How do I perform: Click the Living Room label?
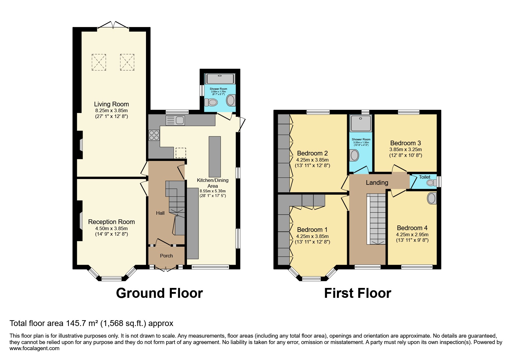coord(111,104)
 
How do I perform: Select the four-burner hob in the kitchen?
coord(154,135)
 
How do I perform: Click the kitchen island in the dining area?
coord(214,157)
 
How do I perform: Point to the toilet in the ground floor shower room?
coord(211,102)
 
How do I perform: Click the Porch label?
coord(166,256)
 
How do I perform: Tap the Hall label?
coord(160,213)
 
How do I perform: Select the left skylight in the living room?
coord(99,62)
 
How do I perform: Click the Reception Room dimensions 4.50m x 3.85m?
coord(111,228)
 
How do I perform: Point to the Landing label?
coord(377,182)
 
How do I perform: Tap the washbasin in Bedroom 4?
coord(432,198)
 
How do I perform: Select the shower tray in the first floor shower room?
coord(361,123)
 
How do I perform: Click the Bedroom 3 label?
coord(405,143)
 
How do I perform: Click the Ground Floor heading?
coord(159,293)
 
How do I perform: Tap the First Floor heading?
coord(358,293)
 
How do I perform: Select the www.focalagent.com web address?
coord(35,348)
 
